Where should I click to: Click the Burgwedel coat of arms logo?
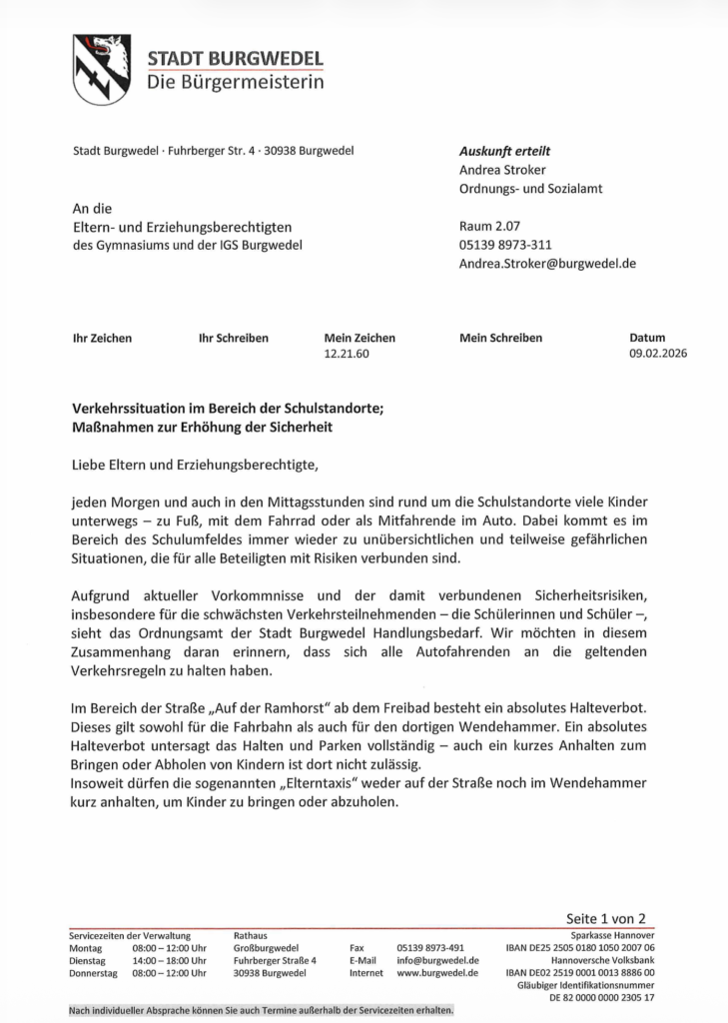point(101,69)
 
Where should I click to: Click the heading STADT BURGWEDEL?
point(235,59)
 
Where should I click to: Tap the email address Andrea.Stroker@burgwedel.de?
point(547,264)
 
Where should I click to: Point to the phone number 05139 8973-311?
point(505,245)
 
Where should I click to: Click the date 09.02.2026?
point(658,354)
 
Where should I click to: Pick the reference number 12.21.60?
point(348,354)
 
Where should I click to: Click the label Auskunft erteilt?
point(504,151)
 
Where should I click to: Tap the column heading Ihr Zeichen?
point(103,338)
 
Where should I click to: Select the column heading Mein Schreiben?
point(500,338)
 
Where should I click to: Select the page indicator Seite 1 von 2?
point(606,918)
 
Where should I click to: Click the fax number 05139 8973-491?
point(430,947)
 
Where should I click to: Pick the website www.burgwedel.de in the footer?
point(438,972)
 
